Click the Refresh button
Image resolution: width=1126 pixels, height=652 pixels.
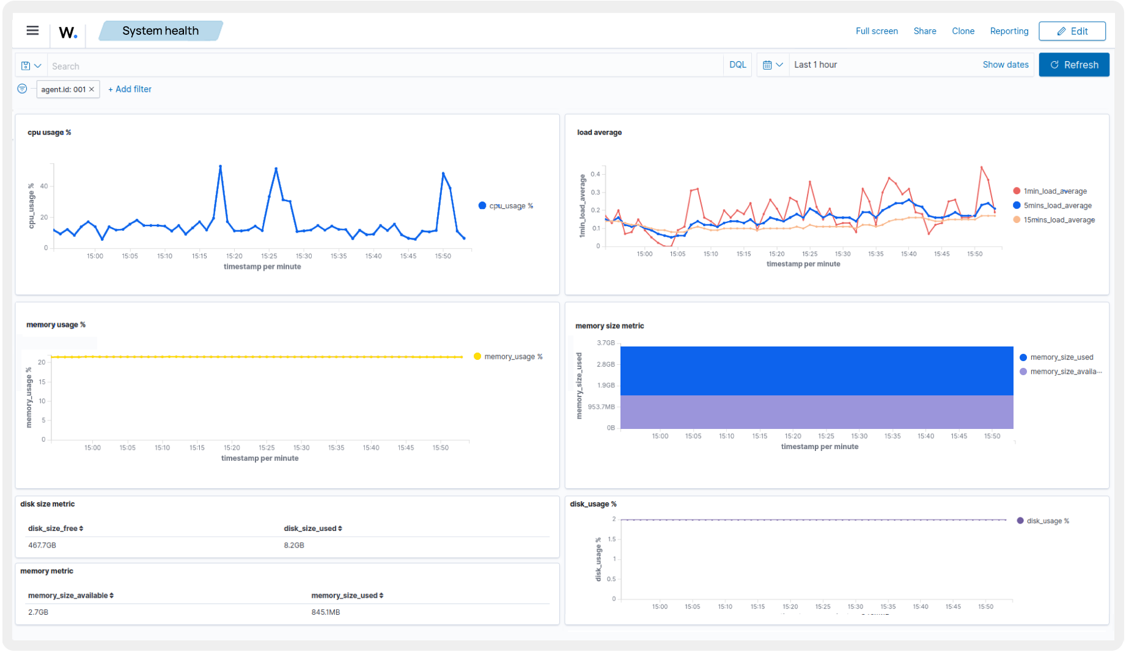[x=1073, y=65]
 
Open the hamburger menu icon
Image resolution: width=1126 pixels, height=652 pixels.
[x=32, y=31]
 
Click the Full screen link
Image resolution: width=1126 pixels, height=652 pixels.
[x=876, y=31]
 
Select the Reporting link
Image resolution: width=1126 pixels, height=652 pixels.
[x=1009, y=31]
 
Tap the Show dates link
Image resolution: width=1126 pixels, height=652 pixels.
[x=1005, y=65]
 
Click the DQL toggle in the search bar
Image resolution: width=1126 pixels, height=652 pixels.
[x=737, y=65]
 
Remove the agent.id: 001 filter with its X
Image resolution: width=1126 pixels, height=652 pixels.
[x=92, y=89]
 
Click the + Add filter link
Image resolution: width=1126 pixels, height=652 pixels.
[x=130, y=89]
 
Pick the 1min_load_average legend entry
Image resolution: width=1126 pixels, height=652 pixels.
[x=1054, y=191]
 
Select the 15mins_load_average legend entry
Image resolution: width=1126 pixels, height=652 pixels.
[x=1058, y=220]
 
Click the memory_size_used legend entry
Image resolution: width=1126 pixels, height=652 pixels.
[x=1061, y=357]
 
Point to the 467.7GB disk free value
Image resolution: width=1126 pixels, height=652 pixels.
[x=42, y=545]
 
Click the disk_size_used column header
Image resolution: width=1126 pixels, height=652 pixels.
[x=312, y=529]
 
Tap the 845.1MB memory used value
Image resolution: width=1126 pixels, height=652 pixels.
[x=325, y=612]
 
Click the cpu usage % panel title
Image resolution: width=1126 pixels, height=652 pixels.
[x=50, y=133]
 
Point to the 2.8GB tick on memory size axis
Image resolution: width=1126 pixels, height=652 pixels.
[x=605, y=364]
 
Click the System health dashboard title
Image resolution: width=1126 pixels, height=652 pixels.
[x=160, y=31]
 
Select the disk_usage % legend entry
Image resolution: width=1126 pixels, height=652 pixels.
[x=1047, y=521]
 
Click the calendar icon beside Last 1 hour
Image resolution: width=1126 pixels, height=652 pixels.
[x=767, y=65]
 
